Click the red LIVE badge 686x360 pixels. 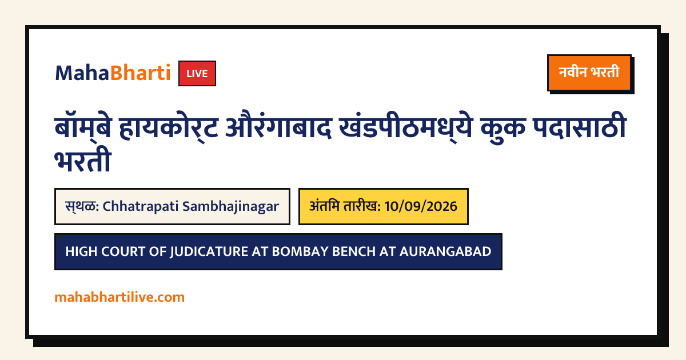click(x=197, y=74)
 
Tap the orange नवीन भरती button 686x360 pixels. click(x=589, y=73)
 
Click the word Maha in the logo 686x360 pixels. click(x=82, y=73)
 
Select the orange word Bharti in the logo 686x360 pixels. click(x=140, y=73)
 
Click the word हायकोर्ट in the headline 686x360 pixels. click(x=169, y=127)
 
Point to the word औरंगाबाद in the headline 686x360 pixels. click(x=279, y=127)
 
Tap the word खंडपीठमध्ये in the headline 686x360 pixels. click(x=406, y=127)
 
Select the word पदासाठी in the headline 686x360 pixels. click(x=580, y=126)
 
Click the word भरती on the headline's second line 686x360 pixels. click(x=83, y=161)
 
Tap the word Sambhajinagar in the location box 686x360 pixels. click(x=231, y=207)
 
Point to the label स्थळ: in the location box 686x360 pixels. click(x=82, y=206)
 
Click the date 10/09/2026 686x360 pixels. click(x=421, y=207)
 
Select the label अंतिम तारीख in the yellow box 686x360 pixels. click(x=345, y=206)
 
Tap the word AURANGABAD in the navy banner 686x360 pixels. click(x=445, y=251)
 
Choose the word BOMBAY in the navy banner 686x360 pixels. click(x=300, y=251)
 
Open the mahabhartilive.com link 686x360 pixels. click(x=119, y=297)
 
